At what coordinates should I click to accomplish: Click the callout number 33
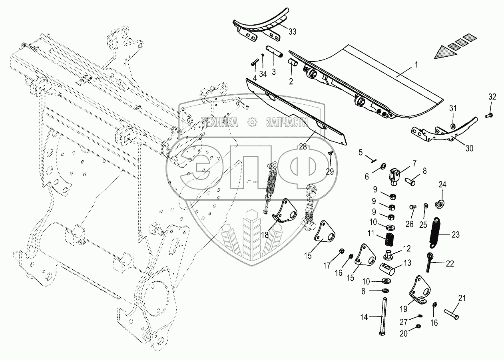coord(292,32)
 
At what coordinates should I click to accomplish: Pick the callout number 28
coord(303,147)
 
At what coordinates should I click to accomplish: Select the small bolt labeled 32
coord(489,115)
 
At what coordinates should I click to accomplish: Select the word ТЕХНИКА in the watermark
coord(219,122)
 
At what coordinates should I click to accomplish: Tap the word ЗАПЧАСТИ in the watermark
coord(286,123)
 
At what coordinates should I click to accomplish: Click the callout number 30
coord(469,148)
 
